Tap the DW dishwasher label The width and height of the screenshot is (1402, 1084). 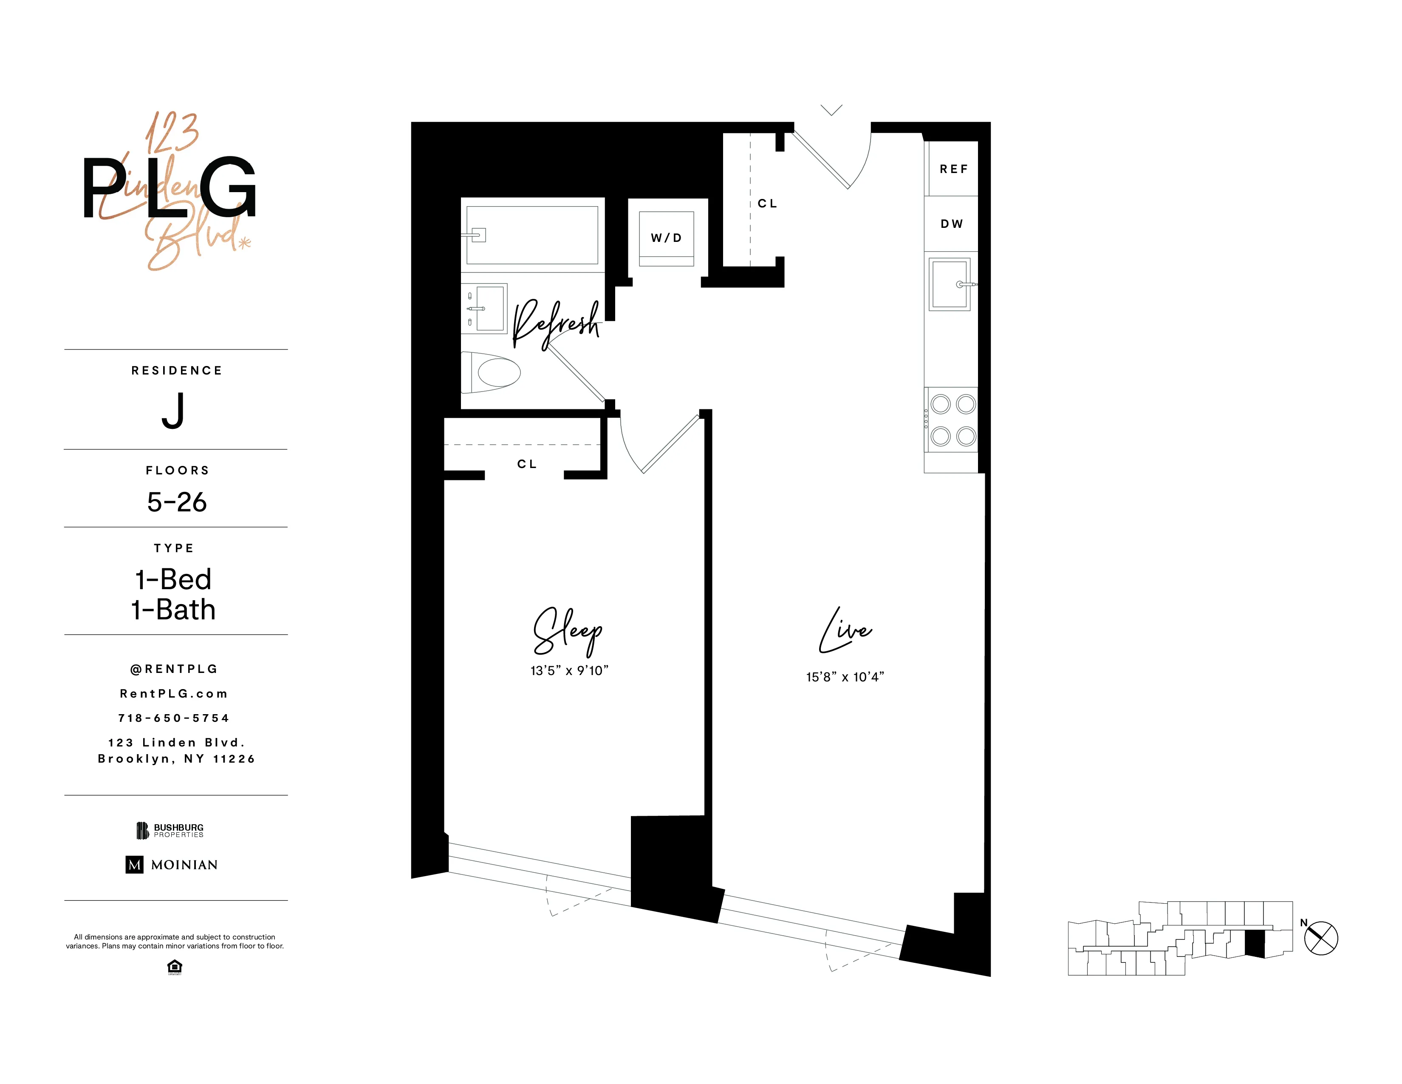coord(951,224)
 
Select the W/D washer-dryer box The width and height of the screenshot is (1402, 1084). coord(666,238)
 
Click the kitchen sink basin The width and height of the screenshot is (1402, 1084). coord(950,284)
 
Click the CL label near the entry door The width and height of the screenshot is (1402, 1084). coord(767,204)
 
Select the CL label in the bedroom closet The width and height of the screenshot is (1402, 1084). coord(526,464)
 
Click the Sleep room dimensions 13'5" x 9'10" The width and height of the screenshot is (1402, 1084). coord(569,670)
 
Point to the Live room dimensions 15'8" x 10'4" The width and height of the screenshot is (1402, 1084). coord(845,677)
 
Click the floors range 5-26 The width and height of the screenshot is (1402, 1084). coord(177,502)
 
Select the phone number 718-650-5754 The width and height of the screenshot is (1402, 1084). coord(173,718)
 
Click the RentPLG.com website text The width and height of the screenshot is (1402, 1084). coord(173,694)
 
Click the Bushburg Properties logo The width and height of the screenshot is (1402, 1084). coord(170,830)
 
